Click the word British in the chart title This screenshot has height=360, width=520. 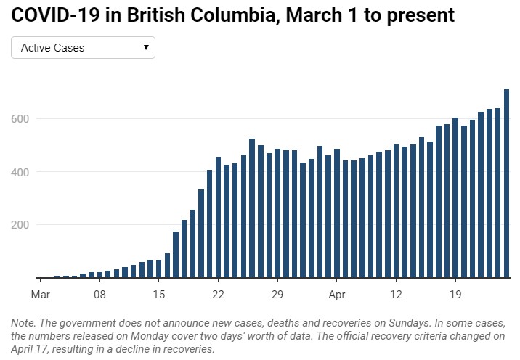[x=156, y=15]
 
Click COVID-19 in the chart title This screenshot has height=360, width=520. [x=55, y=15]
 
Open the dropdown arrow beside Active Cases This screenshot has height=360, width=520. [x=146, y=47]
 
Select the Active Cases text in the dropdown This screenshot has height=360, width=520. [x=52, y=48]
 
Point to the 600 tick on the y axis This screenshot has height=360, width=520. [x=20, y=119]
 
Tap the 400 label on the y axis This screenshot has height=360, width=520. [x=20, y=172]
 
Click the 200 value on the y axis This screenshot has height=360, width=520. [x=20, y=225]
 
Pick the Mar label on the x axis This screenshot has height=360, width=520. [x=41, y=295]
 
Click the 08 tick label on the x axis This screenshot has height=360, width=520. [x=99, y=295]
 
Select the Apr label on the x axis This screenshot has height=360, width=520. [x=337, y=295]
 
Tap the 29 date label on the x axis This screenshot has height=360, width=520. [x=277, y=295]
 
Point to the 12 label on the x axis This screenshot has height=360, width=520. [x=396, y=295]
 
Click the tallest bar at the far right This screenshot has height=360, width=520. [x=506, y=184]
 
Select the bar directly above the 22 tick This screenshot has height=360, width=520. [x=218, y=217]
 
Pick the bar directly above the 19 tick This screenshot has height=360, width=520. [x=455, y=197]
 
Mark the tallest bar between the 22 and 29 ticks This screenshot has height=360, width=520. [x=252, y=208]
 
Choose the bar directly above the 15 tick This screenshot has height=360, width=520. [x=159, y=269]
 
